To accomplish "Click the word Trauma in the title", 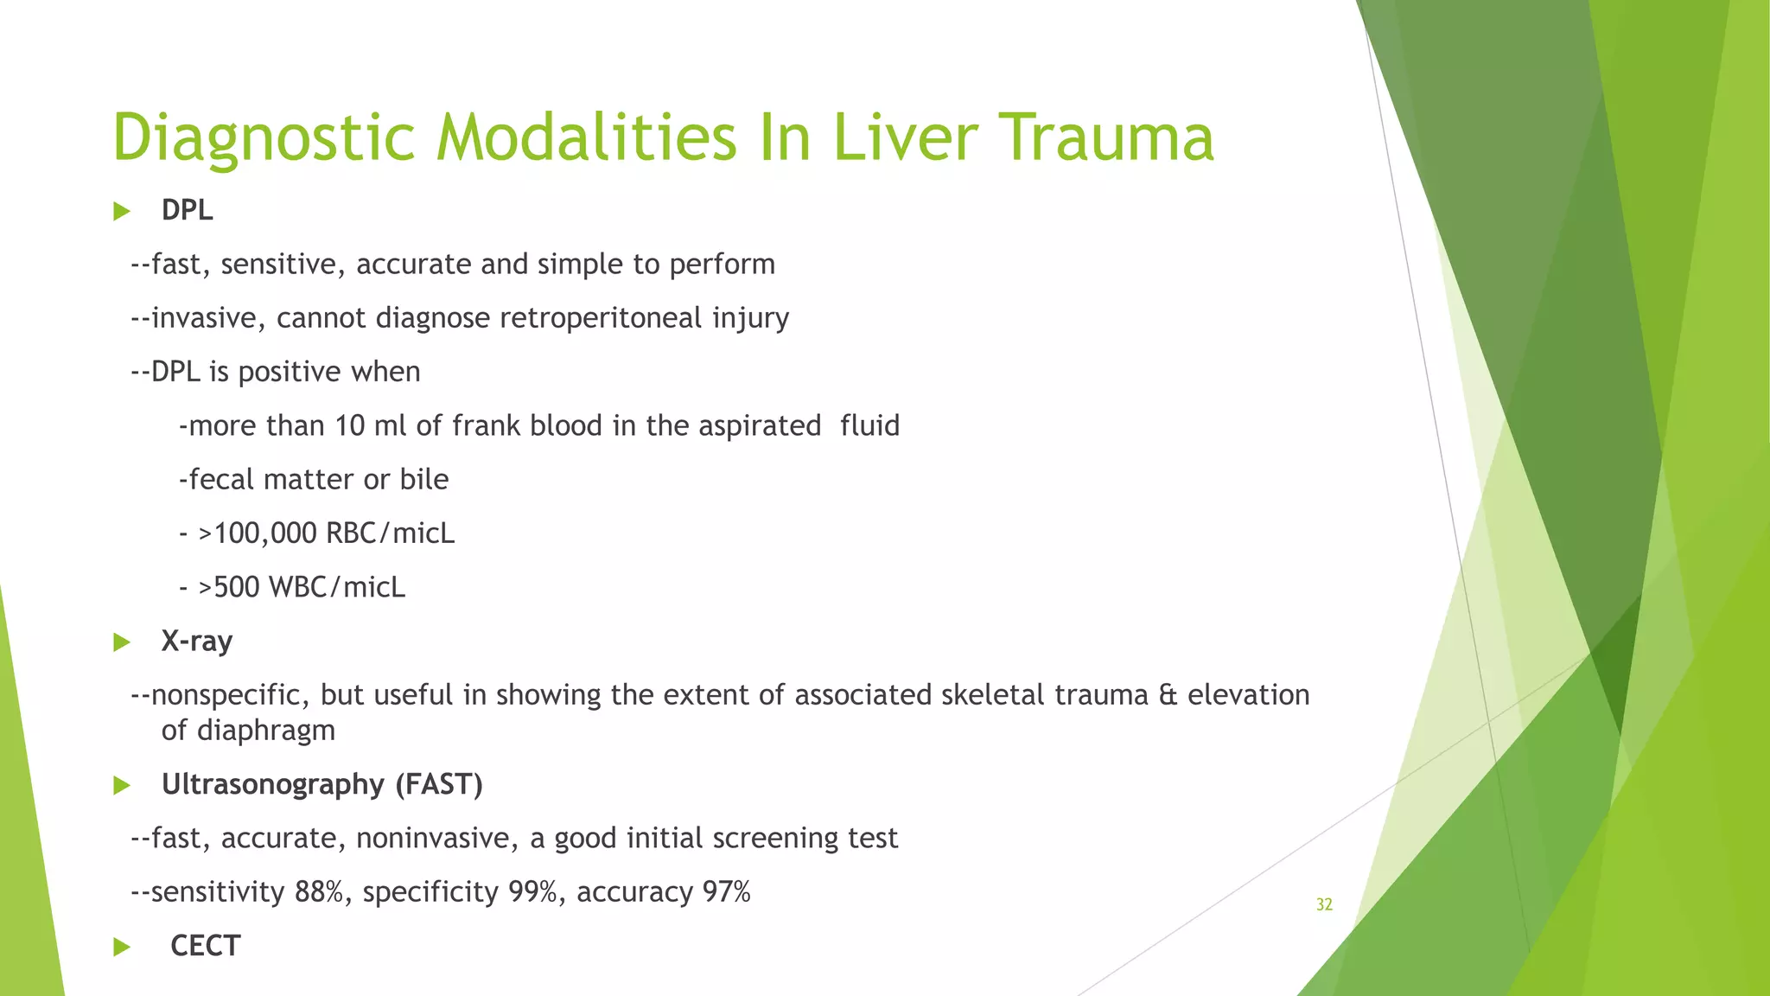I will tap(1110, 138).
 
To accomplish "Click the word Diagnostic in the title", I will tap(264, 138).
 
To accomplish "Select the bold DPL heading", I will tap(187, 210).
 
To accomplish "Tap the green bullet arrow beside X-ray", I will tap(122, 642).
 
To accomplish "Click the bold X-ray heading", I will tap(196, 642).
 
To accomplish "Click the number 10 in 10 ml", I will tap(350, 426).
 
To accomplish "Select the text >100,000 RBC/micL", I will tap(326, 533).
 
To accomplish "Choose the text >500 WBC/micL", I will tap(302, 588).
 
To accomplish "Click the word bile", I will tap(423, 480).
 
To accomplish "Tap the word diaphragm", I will tap(248, 731).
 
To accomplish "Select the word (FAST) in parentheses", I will tap(439, 784).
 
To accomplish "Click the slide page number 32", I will tap(1324, 905).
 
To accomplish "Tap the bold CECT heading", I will tap(205, 946).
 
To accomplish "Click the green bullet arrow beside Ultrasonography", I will tap(122, 786).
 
